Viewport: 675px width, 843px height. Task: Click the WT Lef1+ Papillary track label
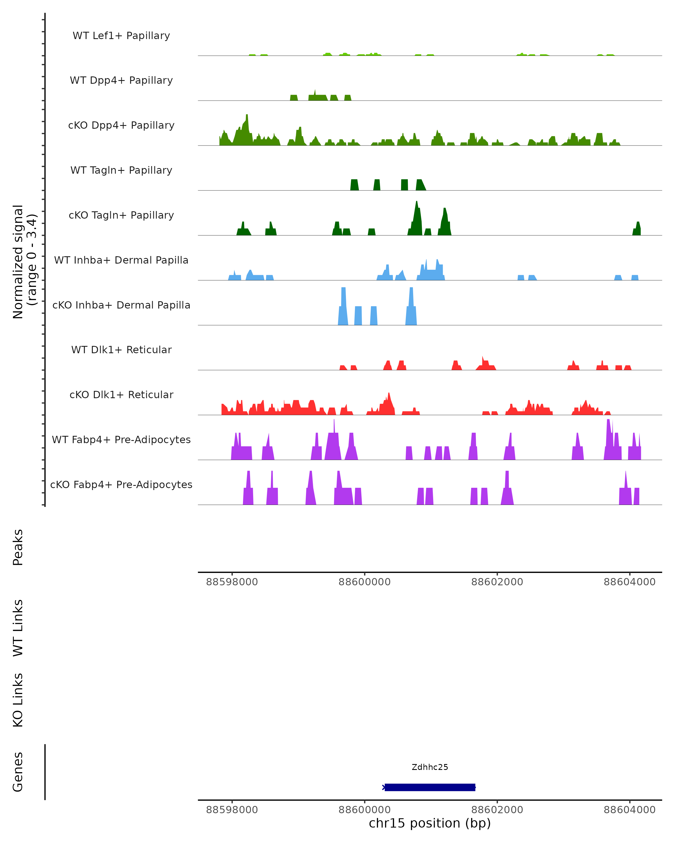(x=121, y=36)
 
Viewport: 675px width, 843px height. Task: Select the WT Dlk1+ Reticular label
(x=121, y=350)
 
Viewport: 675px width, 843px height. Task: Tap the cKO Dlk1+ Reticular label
(x=121, y=395)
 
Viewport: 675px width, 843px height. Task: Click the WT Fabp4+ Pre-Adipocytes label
(x=121, y=439)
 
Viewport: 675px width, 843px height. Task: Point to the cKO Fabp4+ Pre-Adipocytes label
(x=121, y=484)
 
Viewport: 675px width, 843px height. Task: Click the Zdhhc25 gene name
(x=430, y=767)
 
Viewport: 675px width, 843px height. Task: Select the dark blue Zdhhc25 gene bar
(x=430, y=787)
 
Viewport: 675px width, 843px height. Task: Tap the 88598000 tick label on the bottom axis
(x=232, y=810)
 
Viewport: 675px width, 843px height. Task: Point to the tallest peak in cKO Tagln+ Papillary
(x=417, y=203)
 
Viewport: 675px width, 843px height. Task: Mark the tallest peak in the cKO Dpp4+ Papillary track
(x=247, y=116)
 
